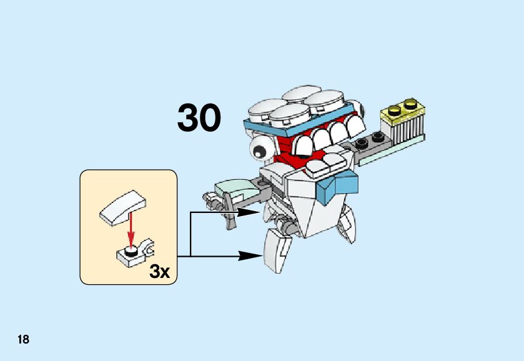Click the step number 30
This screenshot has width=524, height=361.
199,117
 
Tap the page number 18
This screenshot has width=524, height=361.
23,339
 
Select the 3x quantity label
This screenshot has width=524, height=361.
159,271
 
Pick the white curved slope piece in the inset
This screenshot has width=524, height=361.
123,207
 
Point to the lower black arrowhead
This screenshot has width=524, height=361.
252,255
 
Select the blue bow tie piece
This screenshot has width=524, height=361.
338,185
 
